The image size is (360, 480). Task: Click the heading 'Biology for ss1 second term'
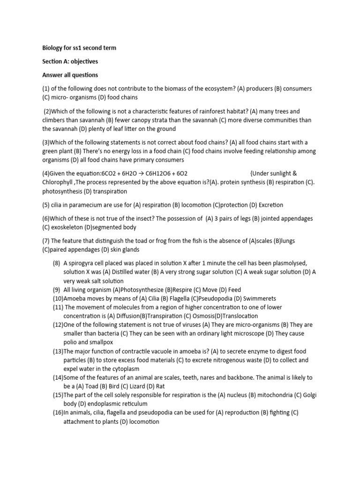coord(79,48)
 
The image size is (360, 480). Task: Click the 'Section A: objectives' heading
coord(70,61)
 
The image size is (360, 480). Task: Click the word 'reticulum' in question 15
coord(132,404)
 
